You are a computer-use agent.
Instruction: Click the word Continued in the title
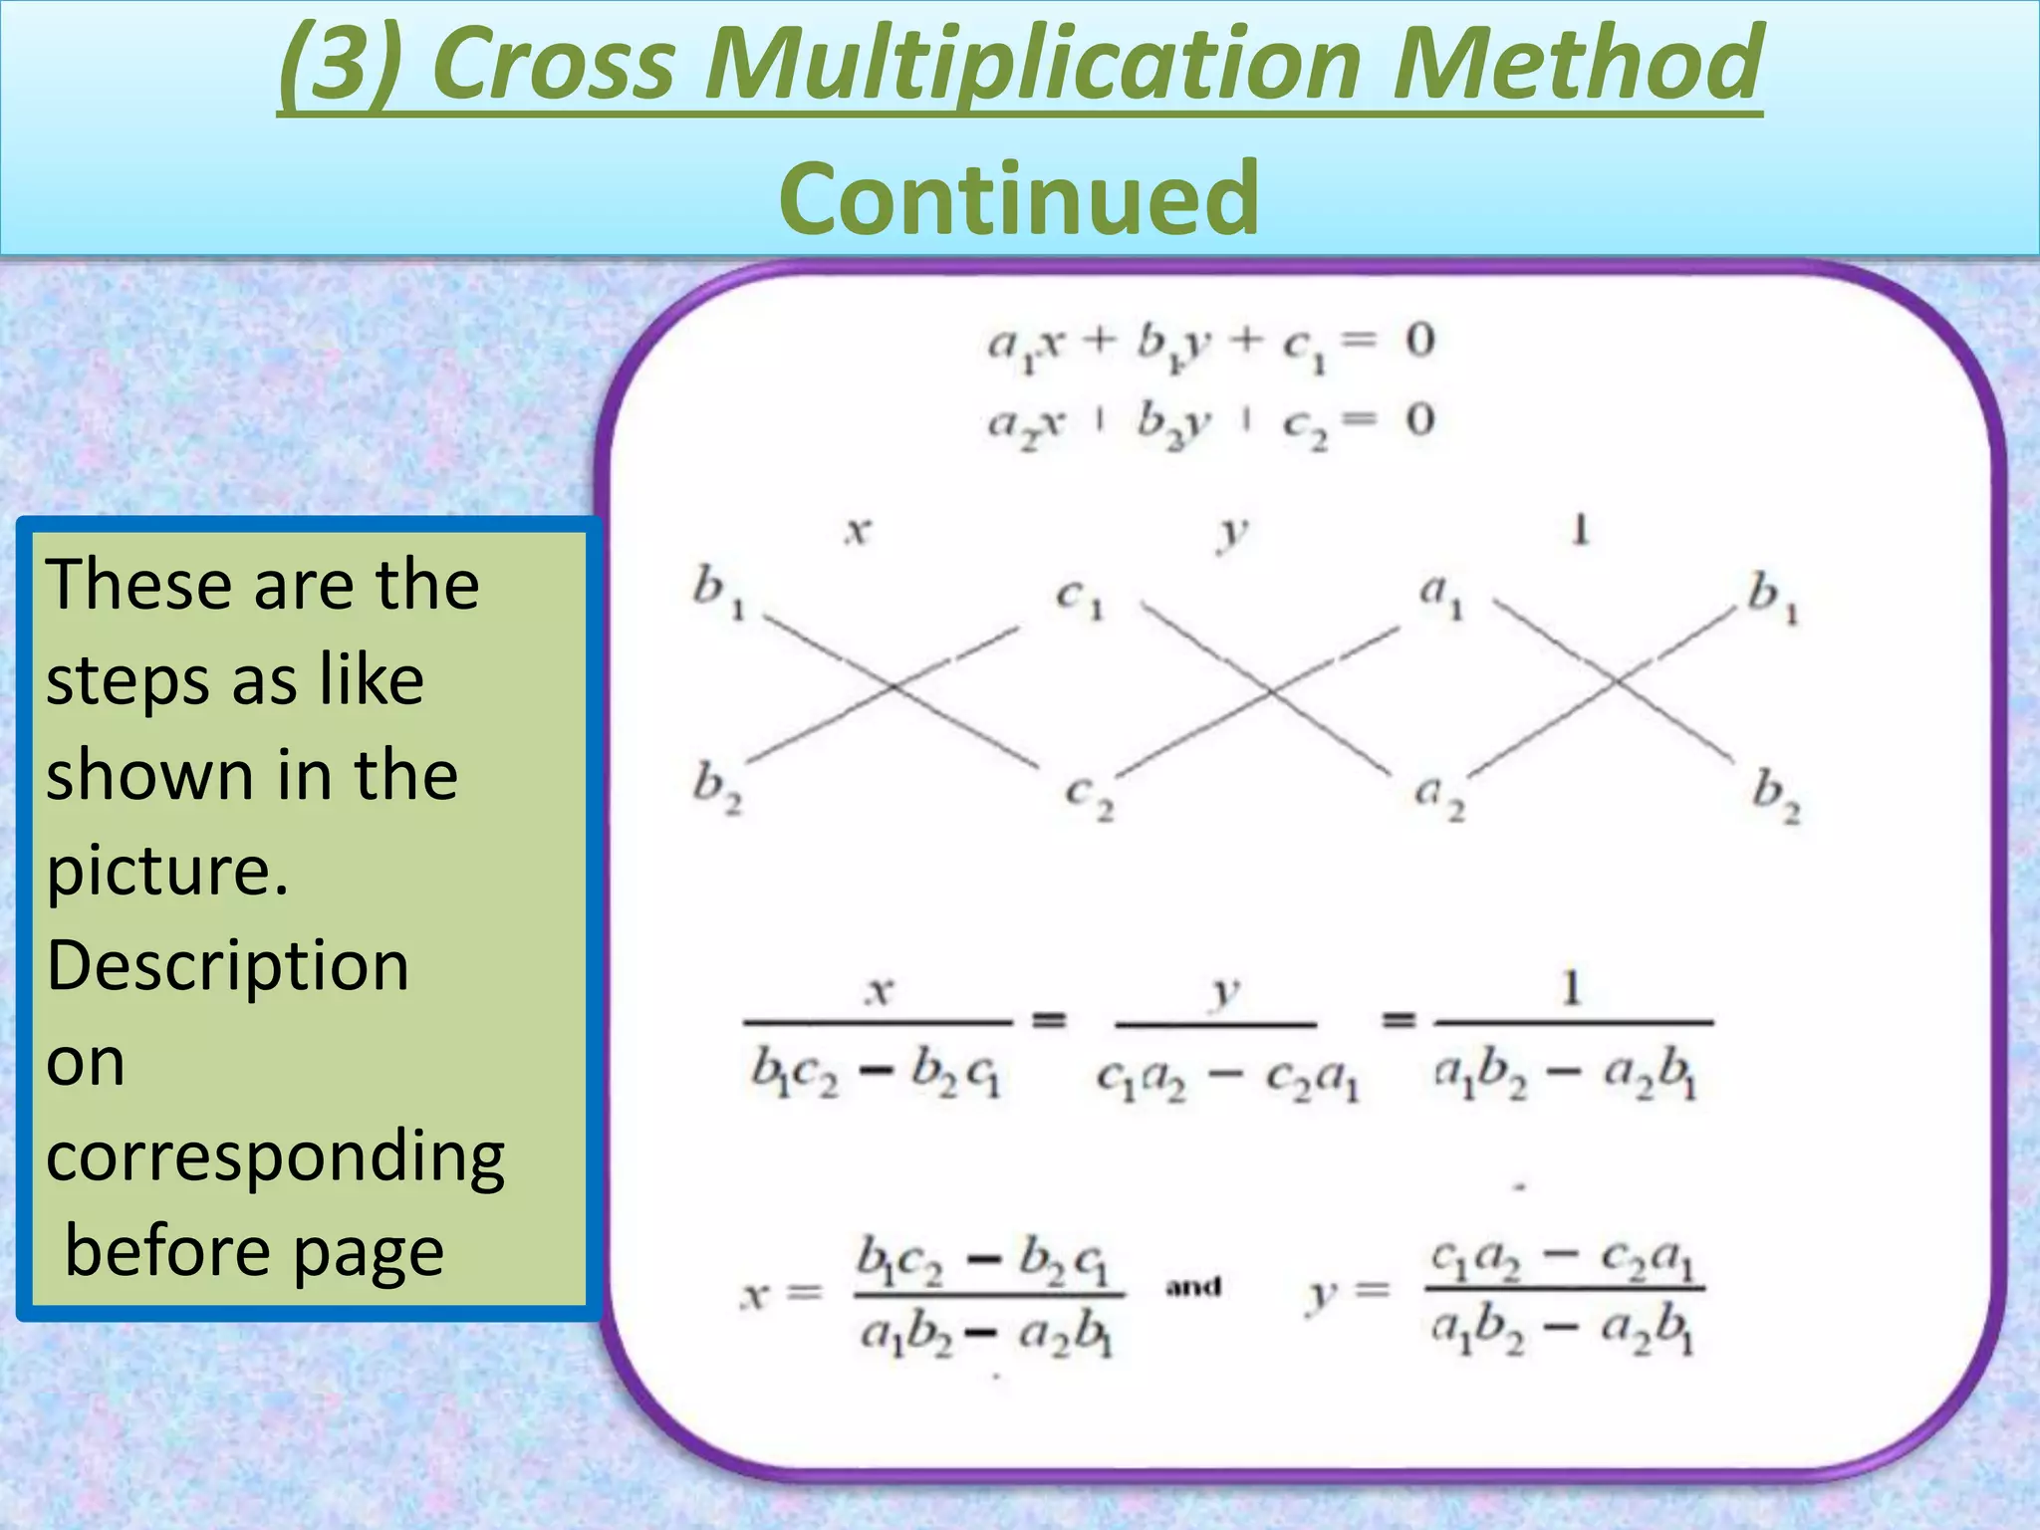pyautogui.click(x=1019, y=198)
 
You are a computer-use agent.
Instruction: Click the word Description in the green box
pyautogui.click(x=228, y=966)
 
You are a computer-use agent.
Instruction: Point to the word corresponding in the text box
pyautogui.click(x=276, y=1157)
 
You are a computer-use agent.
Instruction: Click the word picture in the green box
pyautogui.click(x=167, y=871)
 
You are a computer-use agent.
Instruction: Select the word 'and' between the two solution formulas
pyautogui.click(x=1193, y=1287)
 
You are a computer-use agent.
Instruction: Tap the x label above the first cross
pyautogui.click(x=858, y=531)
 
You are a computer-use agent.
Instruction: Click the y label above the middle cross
pyautogui.click(x=1232, y=533)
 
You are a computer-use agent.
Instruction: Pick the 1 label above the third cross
pyautogui.click(x=1580, y=529)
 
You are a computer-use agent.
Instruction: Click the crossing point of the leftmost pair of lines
pyautogui.click(x=893, y=686)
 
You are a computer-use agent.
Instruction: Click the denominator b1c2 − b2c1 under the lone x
pyautogui.click(x=876, y=1074)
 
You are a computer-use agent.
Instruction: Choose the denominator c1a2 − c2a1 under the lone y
pyautogui.click(x=1227, y=1079)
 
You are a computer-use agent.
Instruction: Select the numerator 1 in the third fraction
pyautogui.click(x=1572, y=989)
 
